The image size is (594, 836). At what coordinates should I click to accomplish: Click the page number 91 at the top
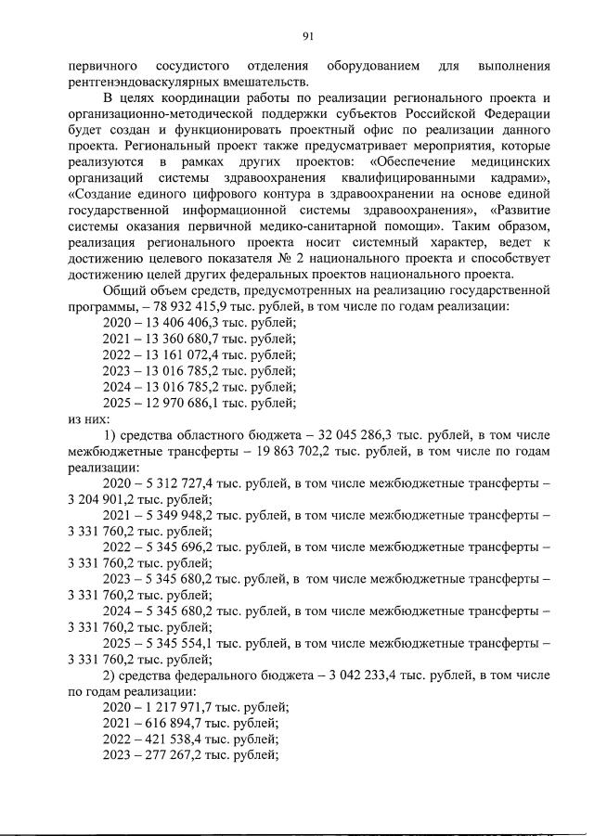click(308, 36)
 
